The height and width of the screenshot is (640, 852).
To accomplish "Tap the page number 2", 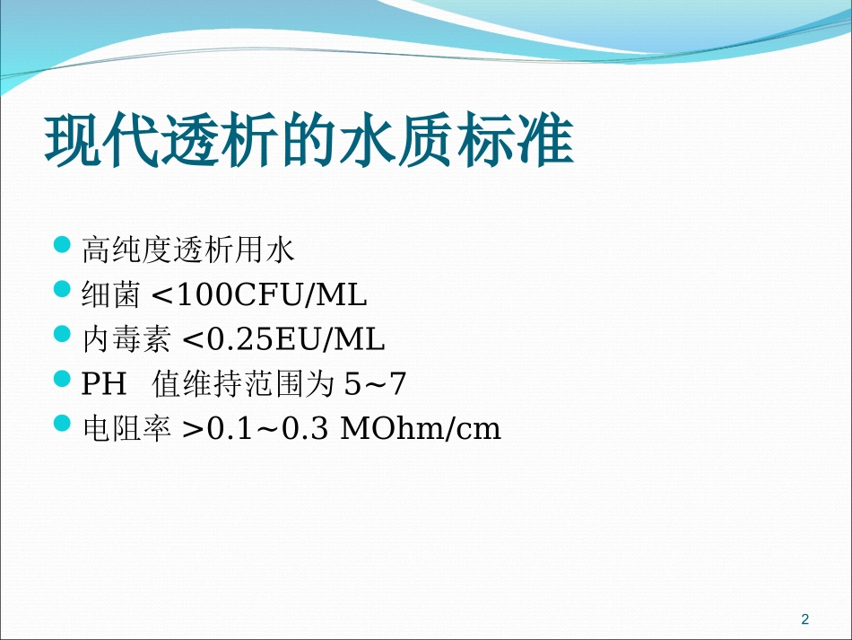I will click(x=804, y=618).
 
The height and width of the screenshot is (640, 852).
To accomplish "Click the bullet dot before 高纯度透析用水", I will click(x=62, y=244).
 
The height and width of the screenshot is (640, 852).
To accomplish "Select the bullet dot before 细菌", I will click(x=62, y=289).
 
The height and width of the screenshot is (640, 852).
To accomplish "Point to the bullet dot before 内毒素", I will click(x=62, y=334).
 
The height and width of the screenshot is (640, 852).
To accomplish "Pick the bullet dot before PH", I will click(x=62, y=379).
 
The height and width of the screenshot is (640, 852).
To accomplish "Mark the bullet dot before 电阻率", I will click(x=62, y=424).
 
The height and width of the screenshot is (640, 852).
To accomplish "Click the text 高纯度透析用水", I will click(x=187, y=250).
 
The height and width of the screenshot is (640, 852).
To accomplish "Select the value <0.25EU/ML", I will click(x=283, y=340).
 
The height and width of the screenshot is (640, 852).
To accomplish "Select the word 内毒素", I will click(x=126, y=340).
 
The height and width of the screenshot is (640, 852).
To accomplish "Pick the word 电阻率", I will click(x=126, y=430).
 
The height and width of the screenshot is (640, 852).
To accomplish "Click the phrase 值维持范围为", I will click(x=244, y=385).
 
